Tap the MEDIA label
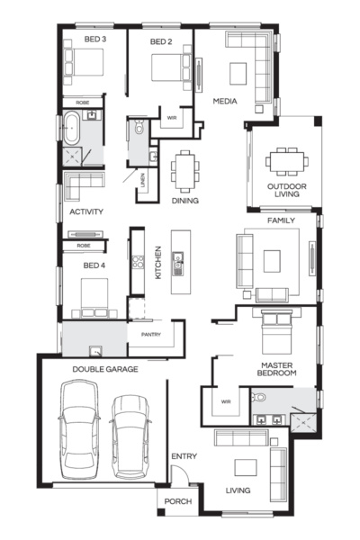click(x=224, y=102)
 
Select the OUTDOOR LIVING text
click(x=286, y=192)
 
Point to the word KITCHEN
click(x=157, y=262)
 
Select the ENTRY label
click(x=184, y=456)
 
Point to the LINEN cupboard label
click(x=142, y=183)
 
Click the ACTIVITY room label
click(x=86, y=212)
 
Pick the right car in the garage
click(x=129, y=436)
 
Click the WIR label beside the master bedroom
click(x=225, y=401)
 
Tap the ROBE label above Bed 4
click(x=83, y=245)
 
